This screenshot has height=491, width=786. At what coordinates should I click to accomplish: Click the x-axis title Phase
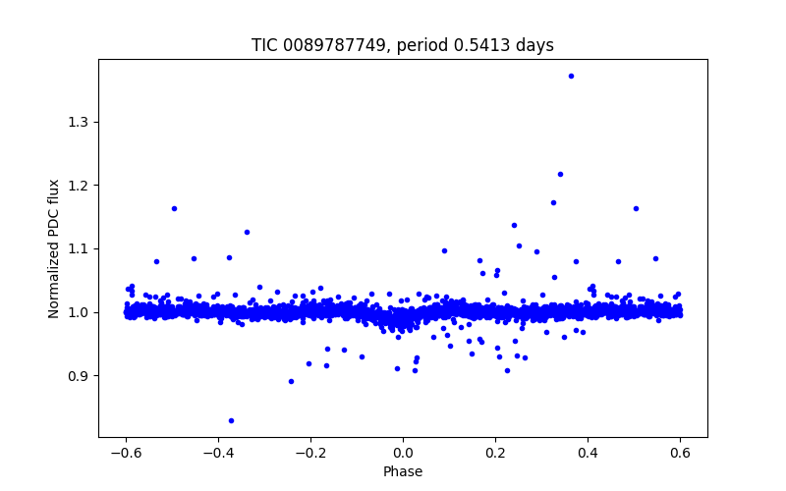pyautogui.click(x=403, y=471)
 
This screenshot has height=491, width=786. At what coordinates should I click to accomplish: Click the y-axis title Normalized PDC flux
pyautogui.click(x=54, y=248)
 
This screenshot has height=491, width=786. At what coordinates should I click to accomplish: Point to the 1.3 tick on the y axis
pyautogui.click(x=76, y=122)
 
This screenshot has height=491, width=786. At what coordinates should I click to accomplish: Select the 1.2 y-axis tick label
pyautogui.click(x=76, y=186)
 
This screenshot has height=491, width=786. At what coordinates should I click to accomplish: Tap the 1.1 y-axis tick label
pyautogui.click(x=76, y=248)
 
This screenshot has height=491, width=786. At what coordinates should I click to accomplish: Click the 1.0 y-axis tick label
pyautogui.click(x=76, y=312)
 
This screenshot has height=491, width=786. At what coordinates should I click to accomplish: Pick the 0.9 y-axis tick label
pyautogui.click(x=76, y=376)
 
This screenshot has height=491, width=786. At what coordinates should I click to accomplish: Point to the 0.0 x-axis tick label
pyautogui.click(x=403, y=453)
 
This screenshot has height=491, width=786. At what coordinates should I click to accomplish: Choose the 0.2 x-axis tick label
pyautogui.click(x=495, y=453)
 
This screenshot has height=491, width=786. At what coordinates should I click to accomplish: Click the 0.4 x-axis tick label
pyautogui.click(x=588, y=453)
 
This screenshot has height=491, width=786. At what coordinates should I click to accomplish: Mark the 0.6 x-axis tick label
pyautogui.click(x=680, y=453)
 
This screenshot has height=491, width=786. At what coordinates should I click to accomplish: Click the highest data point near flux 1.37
pyautogui.click(x=571, y=76)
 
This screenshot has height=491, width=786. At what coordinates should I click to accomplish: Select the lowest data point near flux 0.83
pyautogui.click(x=231, y=420)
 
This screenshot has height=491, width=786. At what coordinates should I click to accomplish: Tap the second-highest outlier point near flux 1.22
pyautogui.click(x=560, y=174)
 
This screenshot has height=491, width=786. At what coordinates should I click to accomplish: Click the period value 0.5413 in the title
pyautogui.click(x=492, y=46)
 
